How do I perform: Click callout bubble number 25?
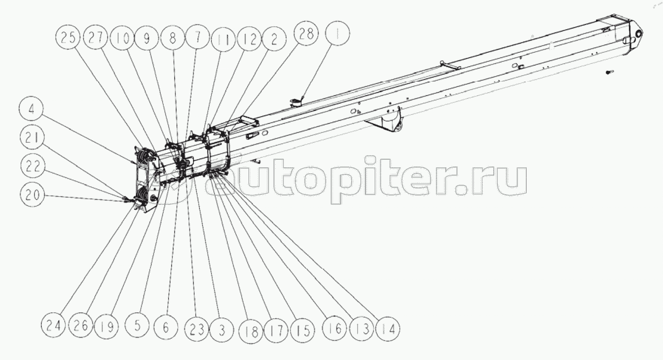coord(67,38)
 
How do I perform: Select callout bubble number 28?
coord(306,33)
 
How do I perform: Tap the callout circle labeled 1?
coord(337,33)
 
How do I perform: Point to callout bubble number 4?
coord(31,109)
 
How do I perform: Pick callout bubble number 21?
coord(32,137)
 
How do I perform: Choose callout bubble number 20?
coord(32,195)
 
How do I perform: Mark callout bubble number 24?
coord(53,326)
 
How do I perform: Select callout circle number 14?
coord(388,329)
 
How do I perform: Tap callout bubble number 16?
coord(335,328)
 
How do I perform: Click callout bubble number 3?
coord(222,330)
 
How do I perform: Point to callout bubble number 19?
coord(106,327)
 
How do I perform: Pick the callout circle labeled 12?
coord(249,39)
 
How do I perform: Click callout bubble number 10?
coord(122,38)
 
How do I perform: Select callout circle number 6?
coord(166,327)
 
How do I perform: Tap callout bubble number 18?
coord(251,332)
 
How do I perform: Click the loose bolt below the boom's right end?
coord(609,71)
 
